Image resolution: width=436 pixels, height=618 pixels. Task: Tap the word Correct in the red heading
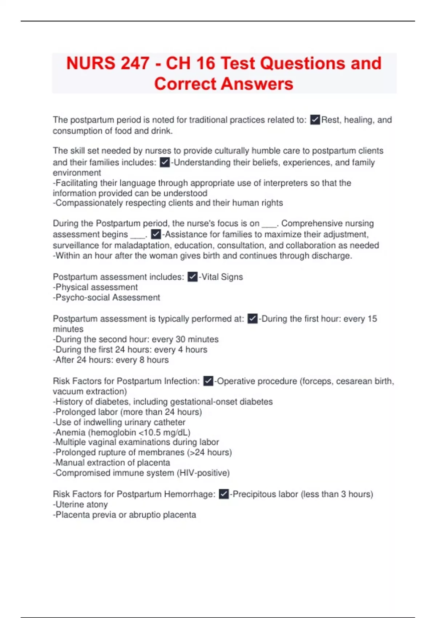coord(185,84)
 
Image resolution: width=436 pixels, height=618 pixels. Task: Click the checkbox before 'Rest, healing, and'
coord(315,120)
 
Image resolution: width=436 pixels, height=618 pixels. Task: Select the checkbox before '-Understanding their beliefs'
coord(165,162)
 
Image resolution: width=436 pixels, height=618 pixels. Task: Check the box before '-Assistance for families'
coord(156,234)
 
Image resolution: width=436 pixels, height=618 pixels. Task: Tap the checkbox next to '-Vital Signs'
coord(193,277)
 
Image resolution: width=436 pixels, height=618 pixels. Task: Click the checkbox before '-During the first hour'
coord(253,319)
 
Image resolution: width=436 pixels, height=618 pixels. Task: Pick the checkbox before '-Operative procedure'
coord(208,381)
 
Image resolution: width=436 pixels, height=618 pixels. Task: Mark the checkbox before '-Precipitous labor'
coord(224,494)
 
